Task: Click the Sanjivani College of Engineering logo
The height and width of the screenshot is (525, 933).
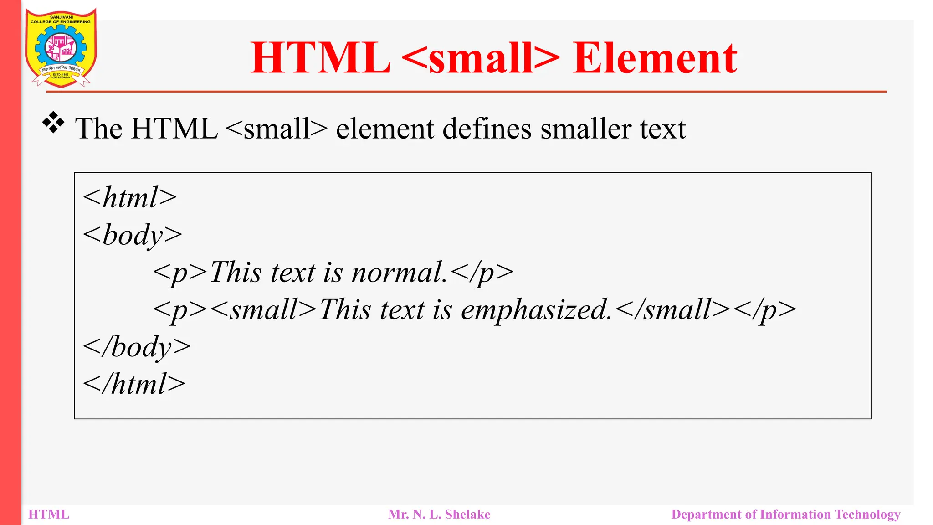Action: coord(61,48)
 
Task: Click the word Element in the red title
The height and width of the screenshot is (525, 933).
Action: coord(655,58)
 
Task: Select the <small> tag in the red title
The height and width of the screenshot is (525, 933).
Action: coord(481,58)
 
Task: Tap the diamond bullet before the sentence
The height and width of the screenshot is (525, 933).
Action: coord(53,123)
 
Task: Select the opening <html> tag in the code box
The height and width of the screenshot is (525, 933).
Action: coord(130,197)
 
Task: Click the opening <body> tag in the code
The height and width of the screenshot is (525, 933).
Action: coord(132,235)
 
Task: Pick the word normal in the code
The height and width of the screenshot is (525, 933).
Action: coord(399,273)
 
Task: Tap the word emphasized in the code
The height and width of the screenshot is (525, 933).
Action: coord(536,310)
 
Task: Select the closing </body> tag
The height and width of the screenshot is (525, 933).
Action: coord(137,347)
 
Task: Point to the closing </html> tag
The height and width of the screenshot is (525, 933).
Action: coord(134,384)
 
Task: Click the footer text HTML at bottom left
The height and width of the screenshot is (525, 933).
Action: coord(49,515)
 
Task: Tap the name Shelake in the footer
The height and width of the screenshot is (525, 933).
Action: coord(467,515)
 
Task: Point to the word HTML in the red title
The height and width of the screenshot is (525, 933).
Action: coord(320,58)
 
